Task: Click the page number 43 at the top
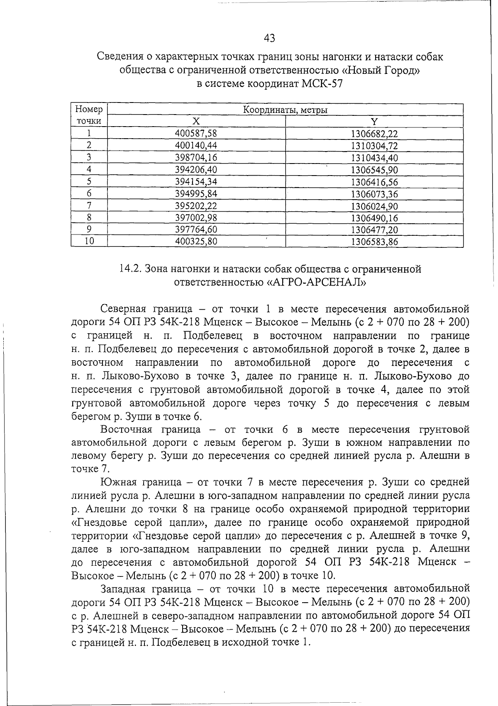pyautogui.click(x=269, y=39)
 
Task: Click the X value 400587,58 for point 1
pyautogui.click(x=196, y=134)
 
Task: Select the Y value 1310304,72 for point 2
pyautogui.click(x=374, y=146)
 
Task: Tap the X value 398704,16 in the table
pyautogui.click(x=196, y=158)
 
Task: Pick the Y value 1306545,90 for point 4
pyautogui.click(x=374, y=170)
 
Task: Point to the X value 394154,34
pyautogui.click(x=196, y=182)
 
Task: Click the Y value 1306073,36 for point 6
pyautogui.click(x=374, y=194)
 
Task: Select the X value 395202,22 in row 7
pyautogui.click(x=196, y=206)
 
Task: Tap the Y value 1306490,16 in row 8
pyautogui.click(x=374, y=218)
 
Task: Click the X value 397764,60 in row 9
pyautogui.click(x=196, y=230)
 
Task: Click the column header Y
pyautogui.click(x=374, y=122)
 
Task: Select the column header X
pyautogui.click(x=196, y=122)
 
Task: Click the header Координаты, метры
pyautogui.click(x=285, y=110)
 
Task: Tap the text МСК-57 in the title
pyautogui.click(x=322, y=84)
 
